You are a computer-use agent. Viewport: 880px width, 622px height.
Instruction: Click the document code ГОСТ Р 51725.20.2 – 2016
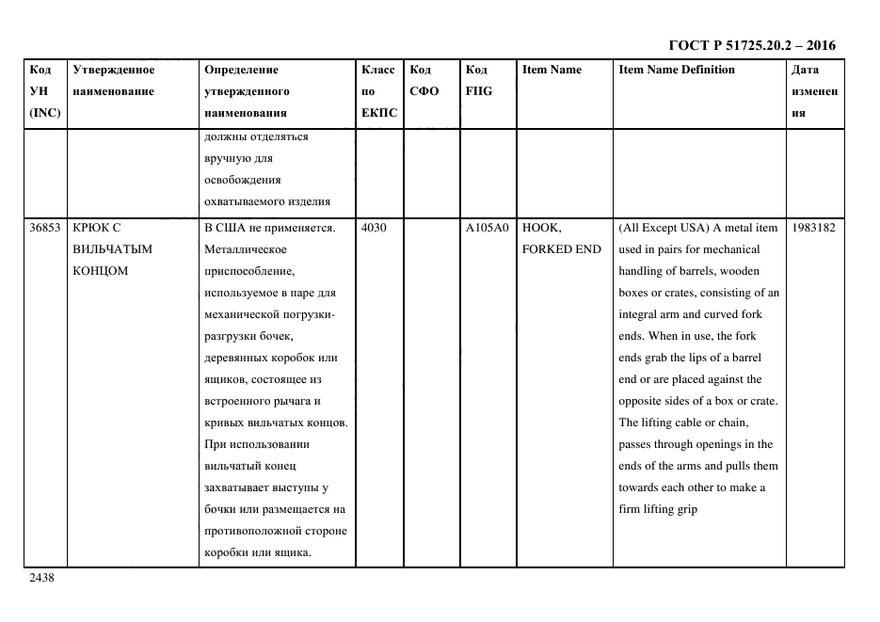(751, 44)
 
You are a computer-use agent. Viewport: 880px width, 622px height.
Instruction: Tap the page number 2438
(42, 578)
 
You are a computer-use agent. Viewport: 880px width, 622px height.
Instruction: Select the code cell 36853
(45, 228)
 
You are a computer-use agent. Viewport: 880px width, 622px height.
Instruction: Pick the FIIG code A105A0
(487, 228)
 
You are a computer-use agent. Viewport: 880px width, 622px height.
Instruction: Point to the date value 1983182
(813, 228)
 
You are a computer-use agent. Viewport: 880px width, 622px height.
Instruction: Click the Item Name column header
(552, 70)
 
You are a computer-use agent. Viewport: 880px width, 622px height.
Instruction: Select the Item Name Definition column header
(676, 70)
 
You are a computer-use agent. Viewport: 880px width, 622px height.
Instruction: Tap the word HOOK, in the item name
(541, 228)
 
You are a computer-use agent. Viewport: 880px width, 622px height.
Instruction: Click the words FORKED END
(561, 249)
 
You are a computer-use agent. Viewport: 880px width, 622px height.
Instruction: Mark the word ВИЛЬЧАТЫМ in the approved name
(112, 249)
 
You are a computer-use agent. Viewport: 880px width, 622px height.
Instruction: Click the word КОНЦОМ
(99, 271)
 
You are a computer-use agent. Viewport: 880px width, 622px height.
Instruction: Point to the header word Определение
(241, 70)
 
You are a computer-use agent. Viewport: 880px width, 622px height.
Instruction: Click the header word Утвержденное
(113, 70)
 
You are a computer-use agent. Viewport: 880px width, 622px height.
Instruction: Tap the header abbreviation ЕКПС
(379, 113)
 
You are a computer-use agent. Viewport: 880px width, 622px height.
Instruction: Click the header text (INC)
(44, 113)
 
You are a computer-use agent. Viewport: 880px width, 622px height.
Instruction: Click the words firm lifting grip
(657, 509)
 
